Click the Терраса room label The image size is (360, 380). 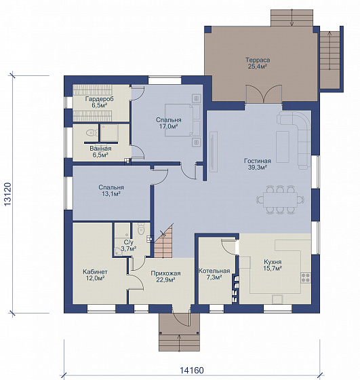click(x=258, y=60)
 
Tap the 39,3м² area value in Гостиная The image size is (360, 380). click(x=258, y=167)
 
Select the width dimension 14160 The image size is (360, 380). click(x=192, y=370)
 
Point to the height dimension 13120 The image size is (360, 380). click(x=7, y=194)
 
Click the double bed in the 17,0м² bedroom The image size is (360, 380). click(x=183, y=120)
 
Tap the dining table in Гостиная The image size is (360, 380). click(x=281, y=199)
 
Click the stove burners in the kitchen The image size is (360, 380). click(x=306, y=278)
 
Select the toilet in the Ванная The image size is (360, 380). click(x=91, y=132)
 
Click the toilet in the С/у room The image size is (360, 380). click(x=140, y=229)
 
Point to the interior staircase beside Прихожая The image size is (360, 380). click(x=163, y=241)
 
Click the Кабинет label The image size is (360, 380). click(x=95, y=272)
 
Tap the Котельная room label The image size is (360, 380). click(x=214, y=271)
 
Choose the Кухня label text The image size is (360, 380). click(x=273, y=262)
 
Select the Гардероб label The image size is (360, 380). click(x=99, y=99)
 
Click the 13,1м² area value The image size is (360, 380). click(x=111, y=193)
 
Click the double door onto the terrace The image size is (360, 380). click(x=264, y=94)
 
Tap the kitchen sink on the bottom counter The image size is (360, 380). click(x=277, y=299)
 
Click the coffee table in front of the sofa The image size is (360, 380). click(x=283, y=147)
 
